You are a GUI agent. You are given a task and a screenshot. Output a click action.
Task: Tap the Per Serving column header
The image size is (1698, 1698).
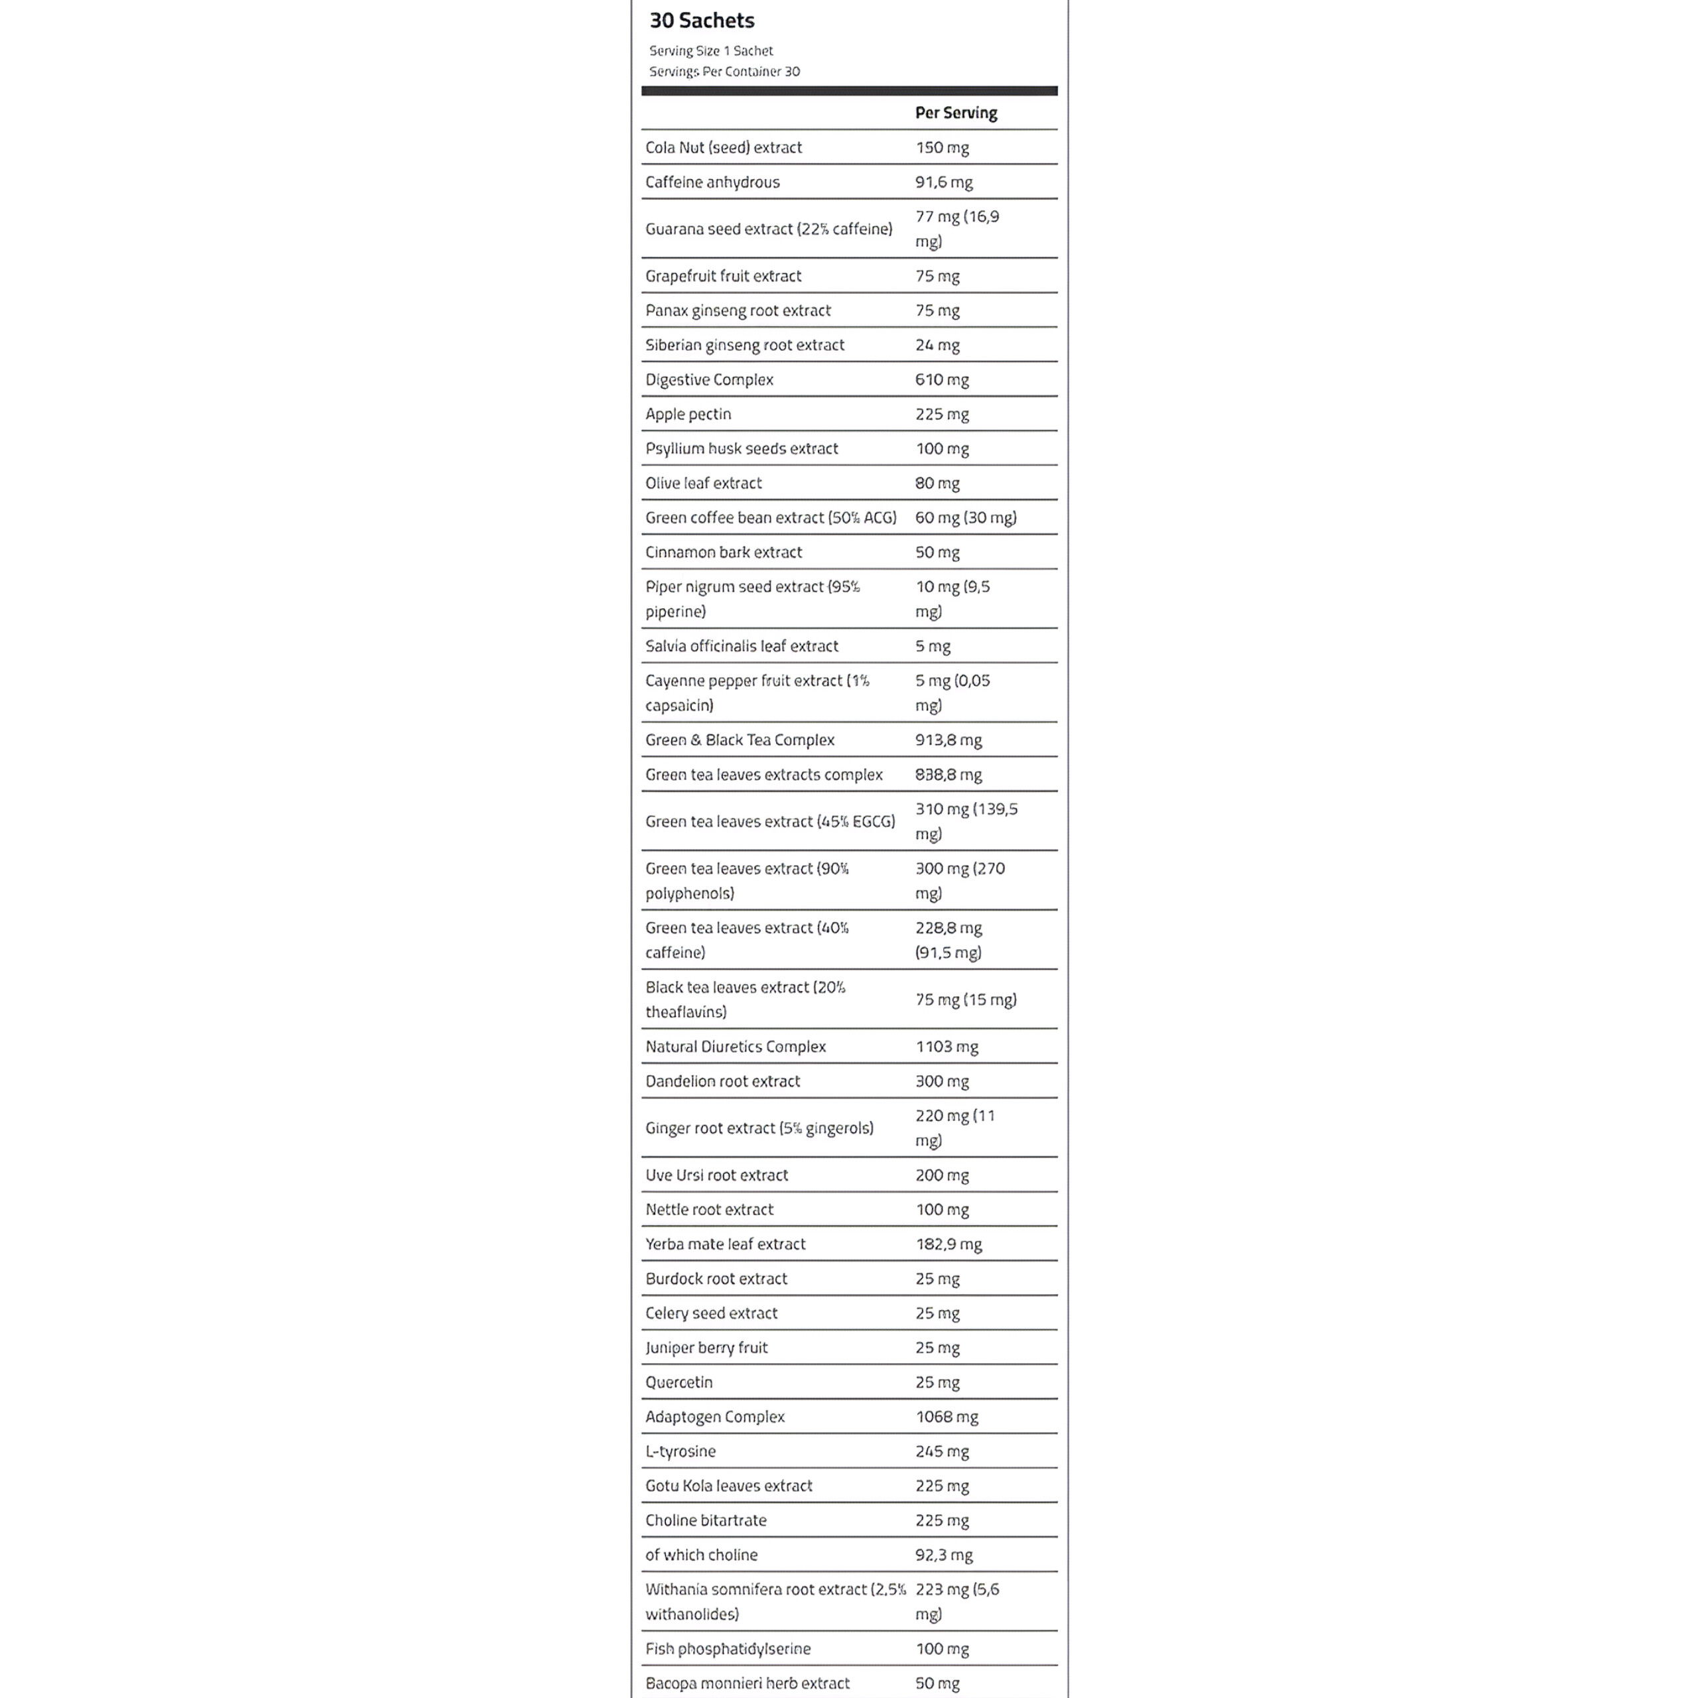tap(956, 113)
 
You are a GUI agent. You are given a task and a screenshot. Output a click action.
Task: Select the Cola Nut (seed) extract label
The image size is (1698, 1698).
tap(724, 148)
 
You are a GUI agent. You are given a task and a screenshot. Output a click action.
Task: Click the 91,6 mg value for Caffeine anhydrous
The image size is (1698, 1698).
tap(944, 182)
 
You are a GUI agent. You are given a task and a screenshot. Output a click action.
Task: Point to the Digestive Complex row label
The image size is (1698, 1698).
tap(709, 379)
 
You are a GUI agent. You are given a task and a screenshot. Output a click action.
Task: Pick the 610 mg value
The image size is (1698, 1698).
tap(942, 379)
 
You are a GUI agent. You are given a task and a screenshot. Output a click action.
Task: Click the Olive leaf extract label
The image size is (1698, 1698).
tap(703, 484)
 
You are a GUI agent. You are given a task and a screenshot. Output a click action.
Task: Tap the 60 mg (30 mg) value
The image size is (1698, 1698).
tap(966, 517)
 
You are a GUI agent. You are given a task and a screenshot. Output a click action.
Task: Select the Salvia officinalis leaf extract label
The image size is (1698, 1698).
tap(742, 646)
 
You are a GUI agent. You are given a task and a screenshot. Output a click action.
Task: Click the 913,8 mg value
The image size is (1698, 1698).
tap(948, 740)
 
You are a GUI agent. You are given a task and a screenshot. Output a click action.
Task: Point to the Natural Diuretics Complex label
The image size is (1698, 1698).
tap(736, 1047)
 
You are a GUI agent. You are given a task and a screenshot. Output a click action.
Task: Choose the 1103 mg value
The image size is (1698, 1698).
tap(947, 1047)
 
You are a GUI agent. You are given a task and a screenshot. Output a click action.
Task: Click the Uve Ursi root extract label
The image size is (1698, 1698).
tap(716, 1175)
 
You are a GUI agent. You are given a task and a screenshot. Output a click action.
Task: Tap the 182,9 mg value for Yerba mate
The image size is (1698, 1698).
tap(948, 1244)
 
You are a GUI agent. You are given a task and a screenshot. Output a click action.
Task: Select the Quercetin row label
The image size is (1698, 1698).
tap(679, 1382)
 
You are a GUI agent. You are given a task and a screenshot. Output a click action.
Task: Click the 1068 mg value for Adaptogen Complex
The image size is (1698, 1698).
tap(947, 1417)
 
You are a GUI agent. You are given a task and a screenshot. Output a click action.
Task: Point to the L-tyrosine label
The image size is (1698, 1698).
tap(681, 1451)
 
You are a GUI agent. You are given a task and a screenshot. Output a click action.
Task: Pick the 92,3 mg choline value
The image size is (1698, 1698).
tap(944, 1555)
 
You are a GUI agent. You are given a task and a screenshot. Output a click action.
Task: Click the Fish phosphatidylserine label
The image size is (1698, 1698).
tap(728, 1649)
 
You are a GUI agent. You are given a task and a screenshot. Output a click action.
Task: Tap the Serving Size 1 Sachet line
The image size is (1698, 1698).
tap(711, 51)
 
